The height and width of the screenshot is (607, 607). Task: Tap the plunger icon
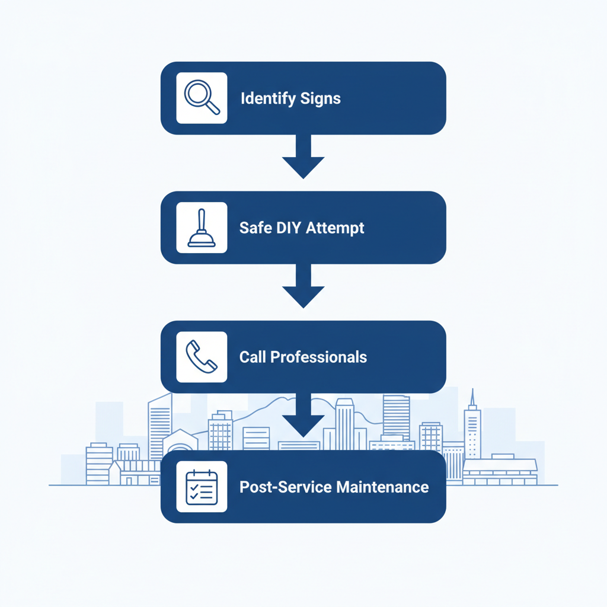[x=202, y=228]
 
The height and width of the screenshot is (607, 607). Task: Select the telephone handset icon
[x=202, y=357]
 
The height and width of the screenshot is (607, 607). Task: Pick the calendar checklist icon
[x=202, y=487]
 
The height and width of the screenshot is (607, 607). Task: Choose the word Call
[x=253, y=357]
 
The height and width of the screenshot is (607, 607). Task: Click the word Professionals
[x=319, y=357]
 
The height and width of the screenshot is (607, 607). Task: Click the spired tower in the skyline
[x=472, y=427]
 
